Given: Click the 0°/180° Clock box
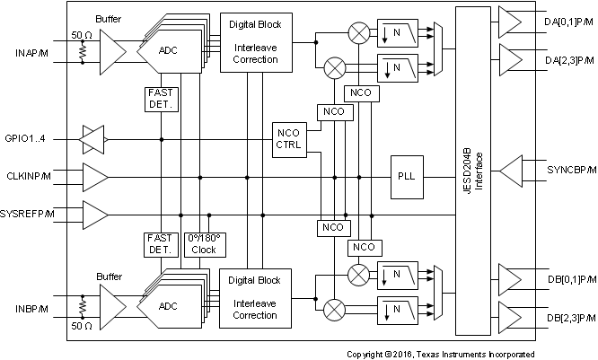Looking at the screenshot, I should [203, 245].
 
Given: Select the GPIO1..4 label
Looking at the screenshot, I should [30, 138].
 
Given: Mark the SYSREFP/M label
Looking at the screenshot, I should [28, 213].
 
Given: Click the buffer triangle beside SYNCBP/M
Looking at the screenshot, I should [513, 168].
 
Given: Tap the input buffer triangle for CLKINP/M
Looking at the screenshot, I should [94, 178].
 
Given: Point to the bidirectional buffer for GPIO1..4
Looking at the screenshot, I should [94, 139].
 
